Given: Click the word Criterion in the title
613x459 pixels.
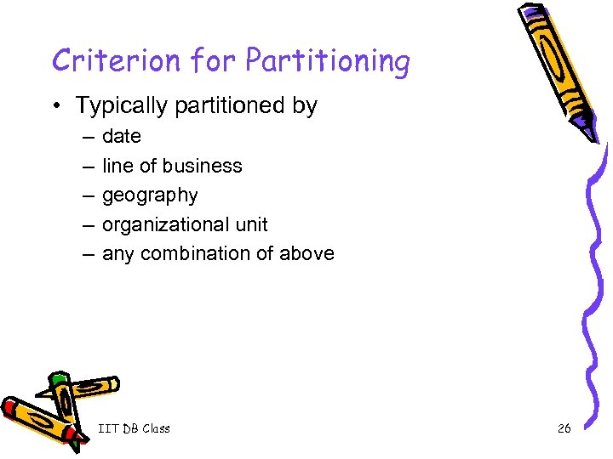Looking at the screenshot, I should (117, 61).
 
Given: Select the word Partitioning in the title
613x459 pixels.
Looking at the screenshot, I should (328, 62).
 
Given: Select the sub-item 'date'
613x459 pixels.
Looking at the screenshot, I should (122, 137).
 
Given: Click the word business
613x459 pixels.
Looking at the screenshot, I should (202, 166).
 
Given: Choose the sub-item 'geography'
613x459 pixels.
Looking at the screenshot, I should (150, 195).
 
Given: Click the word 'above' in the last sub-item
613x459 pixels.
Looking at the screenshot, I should (307, 254).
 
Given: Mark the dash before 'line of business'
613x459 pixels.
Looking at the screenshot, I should (89, 166).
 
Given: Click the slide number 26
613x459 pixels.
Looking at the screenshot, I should (564, 428).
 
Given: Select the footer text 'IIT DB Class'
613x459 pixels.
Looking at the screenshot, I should (134, 428).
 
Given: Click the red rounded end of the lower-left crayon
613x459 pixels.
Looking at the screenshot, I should (9, 407).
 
